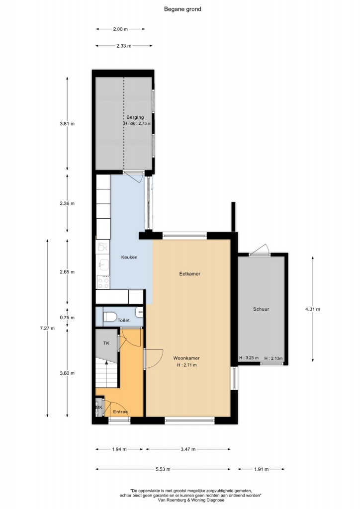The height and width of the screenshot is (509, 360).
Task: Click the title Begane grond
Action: (182, 9)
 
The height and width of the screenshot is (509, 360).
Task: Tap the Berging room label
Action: (135, 117)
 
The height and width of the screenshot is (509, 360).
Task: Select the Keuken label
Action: (129, 257)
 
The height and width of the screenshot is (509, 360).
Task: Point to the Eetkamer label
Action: (189, 274)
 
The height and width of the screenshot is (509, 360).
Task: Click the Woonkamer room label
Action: (186, 358)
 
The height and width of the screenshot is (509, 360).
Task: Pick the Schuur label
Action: (261, 309)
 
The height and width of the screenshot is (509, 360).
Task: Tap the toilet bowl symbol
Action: (110, 317)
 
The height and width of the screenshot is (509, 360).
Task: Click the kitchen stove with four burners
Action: (103, 282)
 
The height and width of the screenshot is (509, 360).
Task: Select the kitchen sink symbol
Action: (103, 265)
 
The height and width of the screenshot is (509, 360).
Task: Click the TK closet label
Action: (106, 343)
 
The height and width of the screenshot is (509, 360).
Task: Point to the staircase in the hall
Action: (106, 373)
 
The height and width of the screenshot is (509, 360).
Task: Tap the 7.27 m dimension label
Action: (47, 328)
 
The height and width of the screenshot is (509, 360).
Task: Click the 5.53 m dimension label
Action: (163, 469)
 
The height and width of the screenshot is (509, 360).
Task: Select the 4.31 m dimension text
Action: (312, 309)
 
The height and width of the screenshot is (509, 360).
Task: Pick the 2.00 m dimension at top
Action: (120, 29)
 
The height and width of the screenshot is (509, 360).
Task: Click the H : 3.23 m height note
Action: (249, 358)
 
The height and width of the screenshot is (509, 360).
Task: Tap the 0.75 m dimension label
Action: (67, 318)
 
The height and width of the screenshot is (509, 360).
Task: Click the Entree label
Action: (120, 412)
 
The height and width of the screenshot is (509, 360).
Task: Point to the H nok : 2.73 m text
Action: (137, 123)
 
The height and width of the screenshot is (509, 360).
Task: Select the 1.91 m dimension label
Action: (261, 469)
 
